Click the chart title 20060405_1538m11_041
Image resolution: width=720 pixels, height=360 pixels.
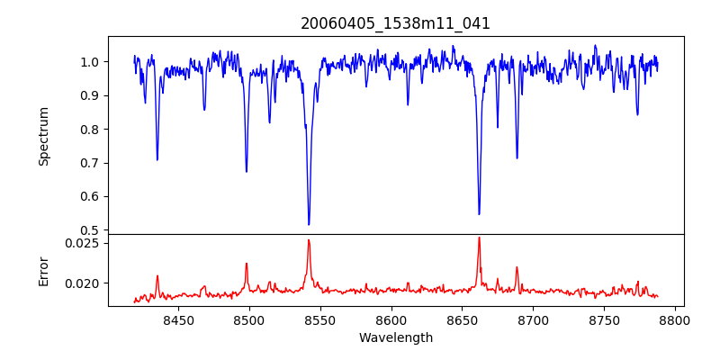click(395, 23)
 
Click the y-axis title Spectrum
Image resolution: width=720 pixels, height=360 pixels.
click(43, 136)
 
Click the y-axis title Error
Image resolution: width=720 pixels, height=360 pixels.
click(43, 270)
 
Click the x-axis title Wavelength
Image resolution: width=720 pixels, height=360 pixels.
click(395, 338)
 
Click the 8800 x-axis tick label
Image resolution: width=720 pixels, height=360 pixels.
click(676, 319)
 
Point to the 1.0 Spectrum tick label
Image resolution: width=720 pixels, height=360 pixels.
click(90, 62)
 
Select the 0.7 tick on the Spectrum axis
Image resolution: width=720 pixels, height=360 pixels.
click(90, 163)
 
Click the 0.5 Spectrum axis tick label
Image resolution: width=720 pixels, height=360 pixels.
click(90, 230)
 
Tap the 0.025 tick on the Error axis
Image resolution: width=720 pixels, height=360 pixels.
click(84, 243)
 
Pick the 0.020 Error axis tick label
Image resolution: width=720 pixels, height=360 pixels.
click(84, 283)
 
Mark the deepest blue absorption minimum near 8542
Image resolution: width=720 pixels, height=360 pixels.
click(309, 224)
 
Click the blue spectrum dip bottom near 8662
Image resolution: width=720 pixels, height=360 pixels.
click(479, 214)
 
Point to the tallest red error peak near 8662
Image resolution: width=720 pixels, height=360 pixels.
click(479, 238)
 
